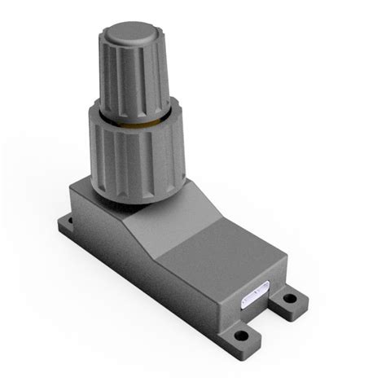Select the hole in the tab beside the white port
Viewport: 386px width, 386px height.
[287, 307]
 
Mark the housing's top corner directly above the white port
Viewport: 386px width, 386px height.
[285, 261]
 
